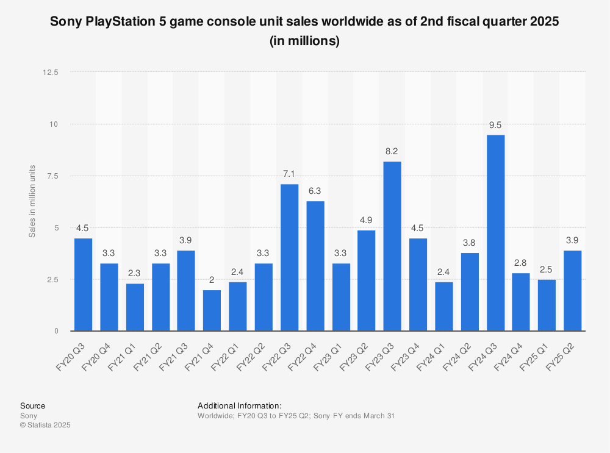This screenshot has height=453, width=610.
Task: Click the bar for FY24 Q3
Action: point(495,233)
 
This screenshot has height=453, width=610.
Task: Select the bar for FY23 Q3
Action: point(392,246)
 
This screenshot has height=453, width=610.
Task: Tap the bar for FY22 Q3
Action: point(289,257)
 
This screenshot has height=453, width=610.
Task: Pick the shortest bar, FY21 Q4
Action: point(212,310)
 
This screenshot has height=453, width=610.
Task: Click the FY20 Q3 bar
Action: point(83,284)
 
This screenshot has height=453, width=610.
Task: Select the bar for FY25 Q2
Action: point(573,290)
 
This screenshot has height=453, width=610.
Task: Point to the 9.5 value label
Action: point(495,125)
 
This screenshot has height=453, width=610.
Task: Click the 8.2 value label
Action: point(392,152)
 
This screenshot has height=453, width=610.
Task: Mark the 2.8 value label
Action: point(521,263)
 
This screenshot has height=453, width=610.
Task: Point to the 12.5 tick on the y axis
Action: point(50,73)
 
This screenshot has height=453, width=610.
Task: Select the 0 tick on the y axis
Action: point(56,331)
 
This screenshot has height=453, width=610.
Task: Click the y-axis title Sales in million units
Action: point(32,201)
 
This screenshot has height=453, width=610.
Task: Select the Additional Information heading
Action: point(240,405)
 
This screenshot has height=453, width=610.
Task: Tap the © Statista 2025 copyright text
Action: point(45,425)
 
